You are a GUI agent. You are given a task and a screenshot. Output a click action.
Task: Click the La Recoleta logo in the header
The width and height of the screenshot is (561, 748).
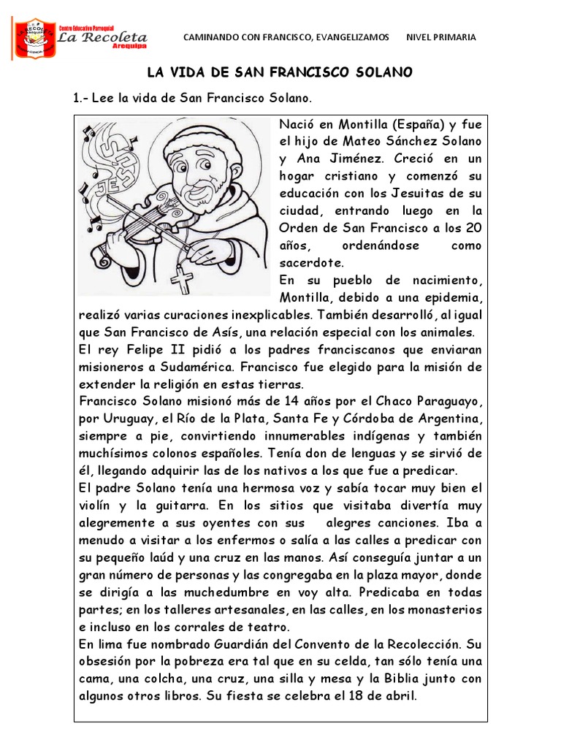point(81,38)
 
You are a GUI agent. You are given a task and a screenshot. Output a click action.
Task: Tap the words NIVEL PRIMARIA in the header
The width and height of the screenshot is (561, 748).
point(440,37)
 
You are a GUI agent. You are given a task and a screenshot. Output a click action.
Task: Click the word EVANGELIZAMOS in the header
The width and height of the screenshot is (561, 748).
point(351,37)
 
